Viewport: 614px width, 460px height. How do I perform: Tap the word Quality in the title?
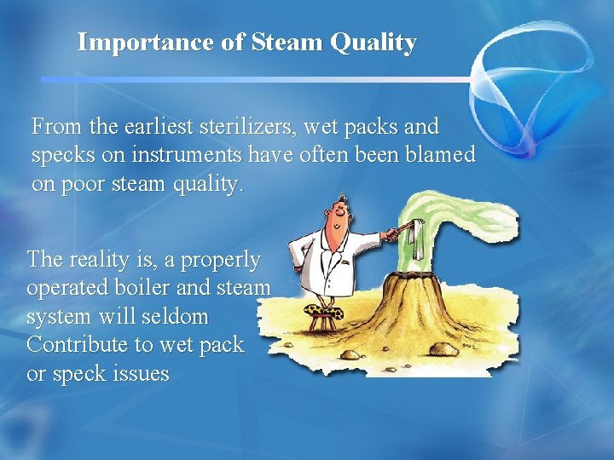374,43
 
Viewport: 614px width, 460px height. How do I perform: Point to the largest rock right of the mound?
443,349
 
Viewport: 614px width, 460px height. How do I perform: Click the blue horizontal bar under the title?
256,78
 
